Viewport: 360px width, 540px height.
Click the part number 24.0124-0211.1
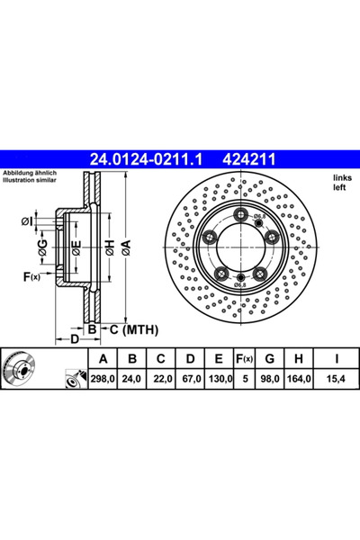point(146,159)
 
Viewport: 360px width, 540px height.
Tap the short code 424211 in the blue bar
point(249,159)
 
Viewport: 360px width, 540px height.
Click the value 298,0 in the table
point(103,379)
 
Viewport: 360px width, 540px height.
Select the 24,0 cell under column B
point(131,379)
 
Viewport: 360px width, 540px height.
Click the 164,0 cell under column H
point(299,379)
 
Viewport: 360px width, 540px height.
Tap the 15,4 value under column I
point(336,379)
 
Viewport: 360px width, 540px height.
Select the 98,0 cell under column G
point(270,379)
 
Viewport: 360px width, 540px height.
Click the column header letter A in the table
point(103,359)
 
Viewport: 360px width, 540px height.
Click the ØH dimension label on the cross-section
point(110,248)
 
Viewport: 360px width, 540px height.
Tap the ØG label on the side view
point(42,248)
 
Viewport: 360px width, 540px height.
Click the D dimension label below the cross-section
point(75,339)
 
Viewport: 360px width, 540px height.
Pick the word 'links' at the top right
point(342,177)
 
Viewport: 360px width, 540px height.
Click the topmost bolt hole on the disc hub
point(240,214)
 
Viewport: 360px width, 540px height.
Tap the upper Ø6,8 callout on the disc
point(259,216)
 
